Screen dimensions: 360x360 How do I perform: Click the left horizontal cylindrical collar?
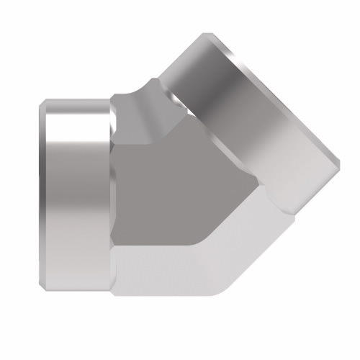pyautogui.click(x=76, y=194)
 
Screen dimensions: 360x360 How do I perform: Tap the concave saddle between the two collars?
pyautogui.click(x=144, y=94)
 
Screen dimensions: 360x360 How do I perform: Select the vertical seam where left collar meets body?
pyautogui.click(x=111, y=194)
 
